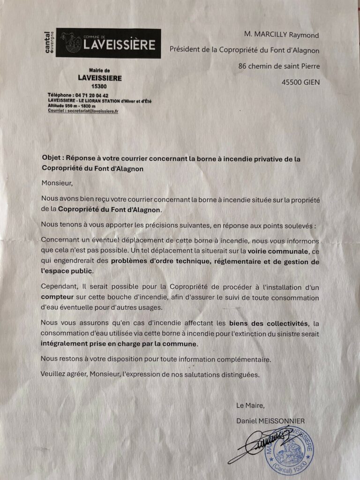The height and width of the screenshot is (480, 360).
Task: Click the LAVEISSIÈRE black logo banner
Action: click(x=108, y=44)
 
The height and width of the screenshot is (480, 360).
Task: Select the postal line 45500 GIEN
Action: click(x=300, y=82)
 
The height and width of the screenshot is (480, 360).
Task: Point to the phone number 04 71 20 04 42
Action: click(x=92, y=95)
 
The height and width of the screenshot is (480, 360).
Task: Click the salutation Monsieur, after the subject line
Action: click(x=58, y=182)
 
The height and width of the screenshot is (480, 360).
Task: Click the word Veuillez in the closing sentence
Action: click(x=55, y=375)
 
